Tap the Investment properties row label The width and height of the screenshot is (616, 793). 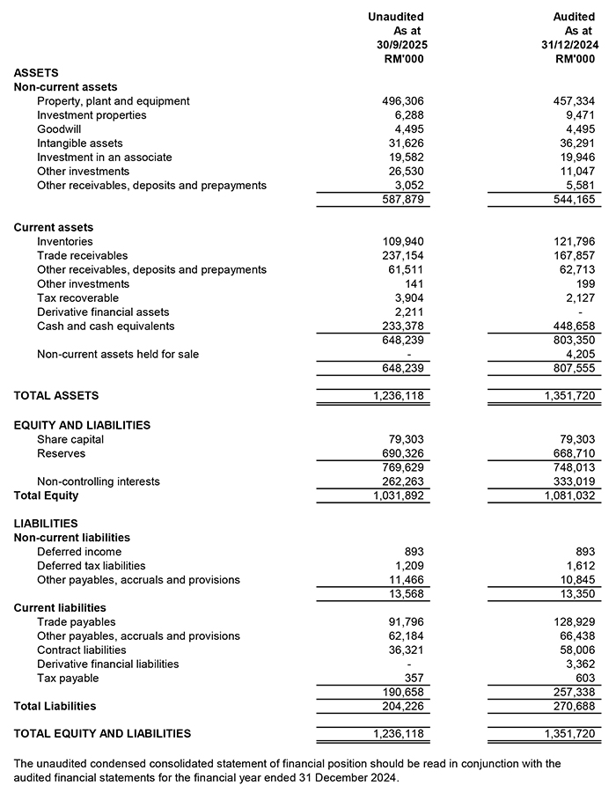click(x=92, y=115)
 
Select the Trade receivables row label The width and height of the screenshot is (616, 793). click(x=83, y=256)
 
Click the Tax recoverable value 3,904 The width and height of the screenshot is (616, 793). click(x=409, y=298)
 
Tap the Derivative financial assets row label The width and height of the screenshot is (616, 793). click(x=103, y=312)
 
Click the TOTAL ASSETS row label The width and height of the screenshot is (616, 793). click(x=56, y=396)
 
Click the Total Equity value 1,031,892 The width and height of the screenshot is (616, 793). click(x=398, y=496)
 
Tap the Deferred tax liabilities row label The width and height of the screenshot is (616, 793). click(x=92, y=566)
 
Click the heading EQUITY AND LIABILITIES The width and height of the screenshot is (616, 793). click(x=82, y=425)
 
